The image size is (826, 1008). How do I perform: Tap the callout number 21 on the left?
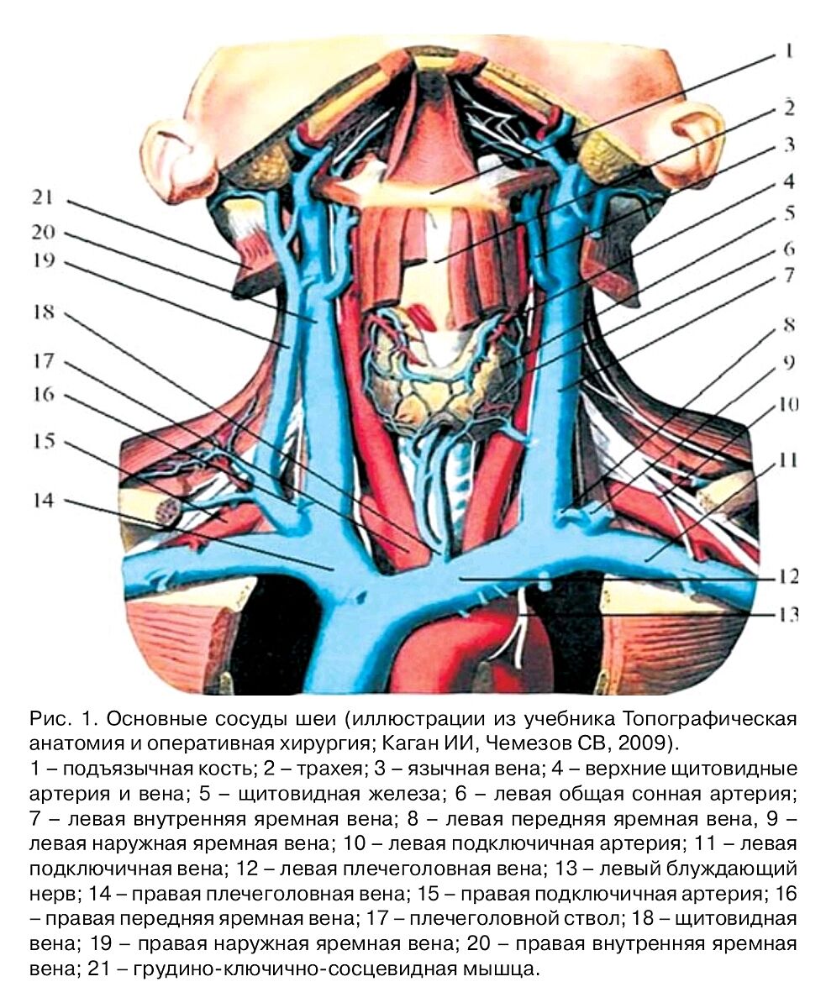[x=43, y=198]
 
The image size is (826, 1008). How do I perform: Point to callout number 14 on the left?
[x=43, y=501]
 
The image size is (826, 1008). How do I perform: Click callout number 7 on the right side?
[x=787, y=275]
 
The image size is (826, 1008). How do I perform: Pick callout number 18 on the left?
[x=43, y=312]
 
